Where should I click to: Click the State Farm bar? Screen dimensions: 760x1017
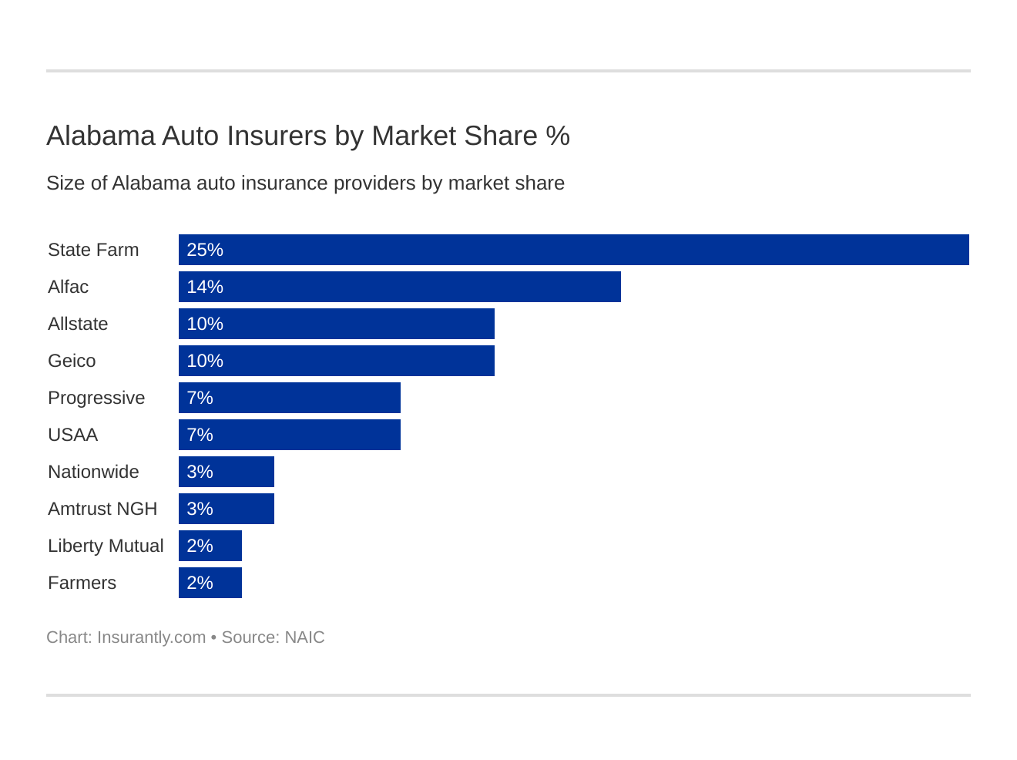[x=573, y=250]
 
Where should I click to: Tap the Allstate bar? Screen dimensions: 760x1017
[x=336, y=324]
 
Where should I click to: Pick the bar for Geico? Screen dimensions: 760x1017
[x=336, y=361]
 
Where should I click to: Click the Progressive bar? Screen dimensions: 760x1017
[x=289, y=398]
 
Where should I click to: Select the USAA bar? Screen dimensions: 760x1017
[x=289, y=435]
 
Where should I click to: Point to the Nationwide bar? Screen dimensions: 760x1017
[x=226, y=472]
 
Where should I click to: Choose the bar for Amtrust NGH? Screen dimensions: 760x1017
[x=226, y=509]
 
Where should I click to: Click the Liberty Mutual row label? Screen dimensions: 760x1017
[x=106, y=546]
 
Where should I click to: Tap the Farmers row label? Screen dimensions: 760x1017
[x=82, y=583]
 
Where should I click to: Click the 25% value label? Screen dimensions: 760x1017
[x=205, y=250]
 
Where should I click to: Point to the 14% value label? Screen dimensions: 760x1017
[x=205, y=287]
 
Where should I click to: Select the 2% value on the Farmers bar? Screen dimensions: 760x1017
[x=200, y=583]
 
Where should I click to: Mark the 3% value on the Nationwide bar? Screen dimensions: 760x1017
[x=200, y=472]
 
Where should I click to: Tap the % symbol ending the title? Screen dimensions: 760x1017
[x=558, y=136]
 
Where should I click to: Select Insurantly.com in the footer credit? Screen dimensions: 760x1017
[x=151, y=637]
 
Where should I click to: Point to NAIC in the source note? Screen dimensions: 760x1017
[x=304, y=637]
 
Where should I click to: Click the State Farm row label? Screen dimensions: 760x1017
[x=93, y=250]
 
